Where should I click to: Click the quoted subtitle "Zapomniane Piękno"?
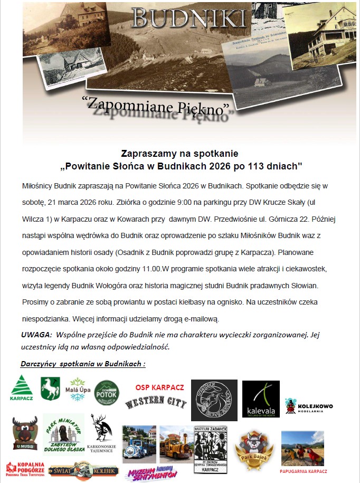158,106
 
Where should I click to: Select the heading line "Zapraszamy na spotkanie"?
180,154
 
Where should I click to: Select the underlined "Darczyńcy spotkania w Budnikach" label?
83,364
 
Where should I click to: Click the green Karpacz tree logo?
21,389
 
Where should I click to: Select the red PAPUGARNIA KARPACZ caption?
303,471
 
